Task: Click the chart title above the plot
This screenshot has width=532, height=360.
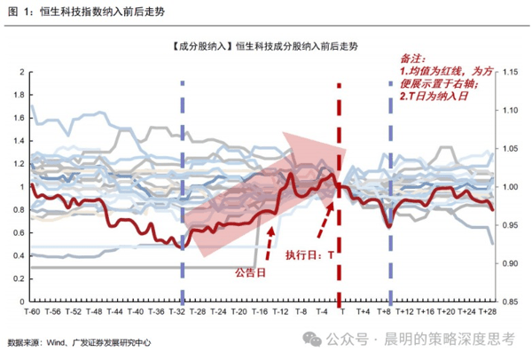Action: pos(265,46)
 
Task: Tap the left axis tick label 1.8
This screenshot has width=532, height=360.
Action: pos(20,95)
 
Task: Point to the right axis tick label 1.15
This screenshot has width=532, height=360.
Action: pos(511,72)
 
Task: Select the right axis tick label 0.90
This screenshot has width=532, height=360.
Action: pos(511,263)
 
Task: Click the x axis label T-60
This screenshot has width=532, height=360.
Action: pos(32,311)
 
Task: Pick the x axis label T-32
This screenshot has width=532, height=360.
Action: pos(176,311)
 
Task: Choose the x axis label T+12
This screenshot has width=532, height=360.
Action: pos(404,311)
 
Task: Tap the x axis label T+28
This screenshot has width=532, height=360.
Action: pos(487,311)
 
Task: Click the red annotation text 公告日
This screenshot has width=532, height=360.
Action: pos(250,272)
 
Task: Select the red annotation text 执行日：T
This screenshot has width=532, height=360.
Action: pos(309,254)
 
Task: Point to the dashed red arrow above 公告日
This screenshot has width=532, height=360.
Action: pos(270,244)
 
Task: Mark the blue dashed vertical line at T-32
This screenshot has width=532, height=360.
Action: pos(183,192)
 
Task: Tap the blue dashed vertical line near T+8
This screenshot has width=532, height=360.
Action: pos(391,192)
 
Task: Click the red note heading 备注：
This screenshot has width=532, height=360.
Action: pos(412,59)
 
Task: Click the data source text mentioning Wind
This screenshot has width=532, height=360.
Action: pos(79,342)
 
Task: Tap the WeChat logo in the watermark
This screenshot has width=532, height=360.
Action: pos(312,339)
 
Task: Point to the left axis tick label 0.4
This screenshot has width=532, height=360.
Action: pos(20,256)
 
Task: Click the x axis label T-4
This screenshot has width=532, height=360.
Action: pos(322,311)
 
